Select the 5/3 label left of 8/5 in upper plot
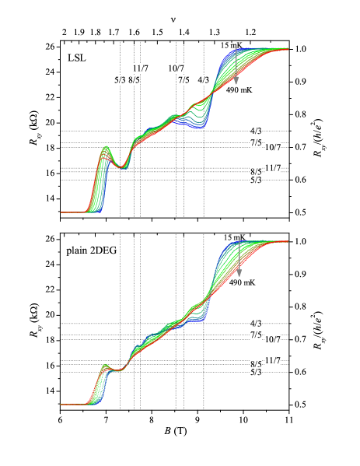click(x=120, y=80)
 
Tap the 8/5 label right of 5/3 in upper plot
click(x=134, y=80)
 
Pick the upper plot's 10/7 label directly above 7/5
click(x=177, y=68)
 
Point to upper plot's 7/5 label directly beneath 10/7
click(x=183, y=80)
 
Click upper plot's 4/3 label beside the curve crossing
click(x=203, y=80)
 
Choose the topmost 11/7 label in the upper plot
click(x=141, y=68)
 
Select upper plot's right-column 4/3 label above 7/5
click(x=256, y=131)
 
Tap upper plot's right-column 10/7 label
click(x=273, y=147)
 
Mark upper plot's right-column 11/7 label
click(x=273, y=168)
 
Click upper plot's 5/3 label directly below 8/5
click(x=256, y=180)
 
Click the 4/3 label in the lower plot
click(x=256, y=323)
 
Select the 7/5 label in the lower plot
click(x=256, y=335)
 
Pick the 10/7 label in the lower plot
click(x=273, y=339)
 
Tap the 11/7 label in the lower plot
click(x=273, y=360)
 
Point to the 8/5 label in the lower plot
click(x=256, y=363)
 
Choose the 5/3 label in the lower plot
click(x=256, y=373)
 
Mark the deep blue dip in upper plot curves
click(x=201, y=128)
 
